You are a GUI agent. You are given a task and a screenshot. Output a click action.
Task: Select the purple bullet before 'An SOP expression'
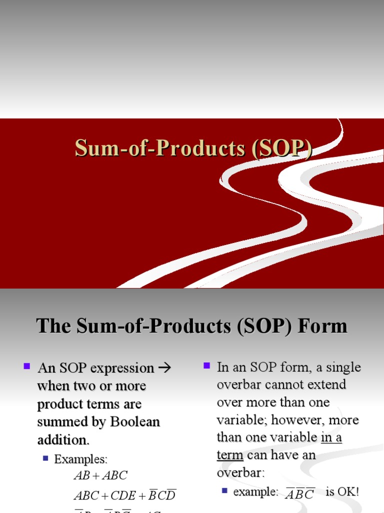pos(27,367)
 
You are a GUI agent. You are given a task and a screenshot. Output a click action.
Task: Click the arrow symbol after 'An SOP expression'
pos(164,368)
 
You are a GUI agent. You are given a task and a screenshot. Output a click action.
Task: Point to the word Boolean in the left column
pos(135,422)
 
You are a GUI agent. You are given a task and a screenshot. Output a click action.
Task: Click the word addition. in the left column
pos(63,440)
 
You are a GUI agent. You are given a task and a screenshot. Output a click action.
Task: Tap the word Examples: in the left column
pos(80,459)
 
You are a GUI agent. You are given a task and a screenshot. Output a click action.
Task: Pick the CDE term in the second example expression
pos(123,496)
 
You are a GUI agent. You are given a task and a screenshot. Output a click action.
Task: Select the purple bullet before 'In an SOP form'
pos(206,366)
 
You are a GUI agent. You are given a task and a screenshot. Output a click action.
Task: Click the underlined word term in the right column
pos(229,455)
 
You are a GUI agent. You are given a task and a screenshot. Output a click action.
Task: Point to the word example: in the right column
pos(255,492)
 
